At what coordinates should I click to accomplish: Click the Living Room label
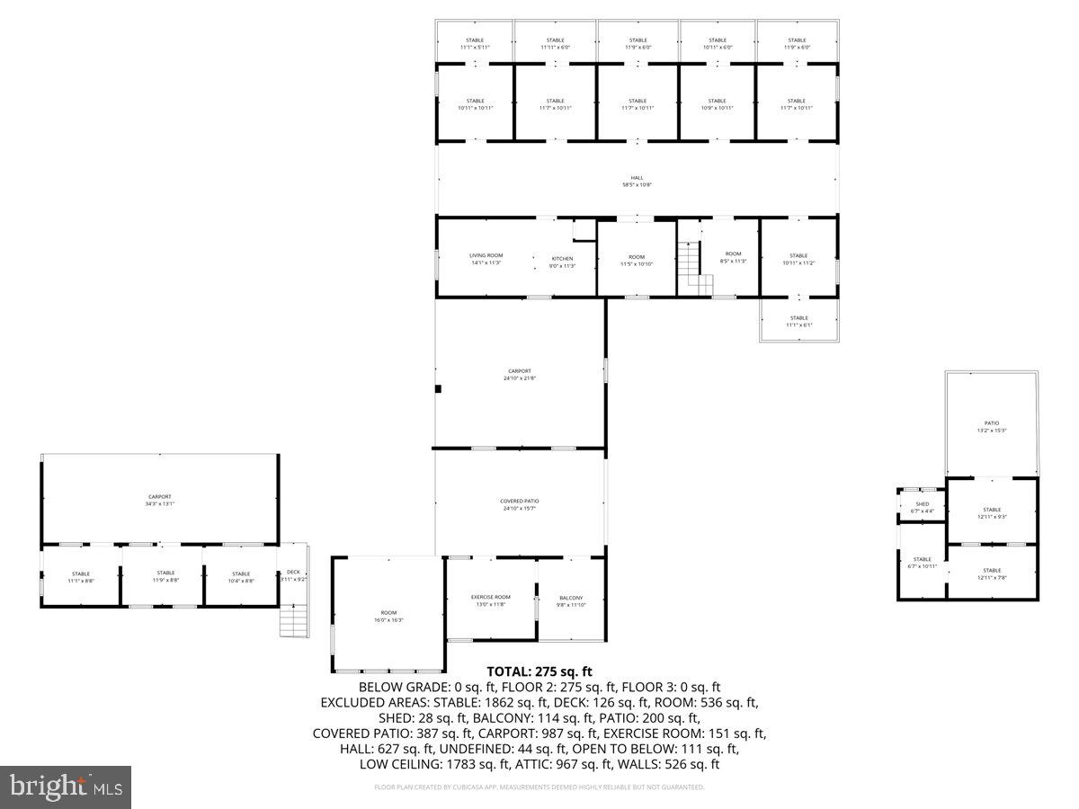tap(486, 259)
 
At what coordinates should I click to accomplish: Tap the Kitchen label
tap(562, 262)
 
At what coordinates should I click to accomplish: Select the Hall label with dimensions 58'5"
tap(637, 181)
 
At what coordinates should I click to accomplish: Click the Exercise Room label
tap(491, 600)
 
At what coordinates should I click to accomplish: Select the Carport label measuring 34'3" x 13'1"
tap(159, 500)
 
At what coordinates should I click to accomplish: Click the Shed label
tap(922, 507)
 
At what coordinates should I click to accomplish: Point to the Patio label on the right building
tap(991, 426)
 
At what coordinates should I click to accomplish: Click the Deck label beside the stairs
tap(293, 575)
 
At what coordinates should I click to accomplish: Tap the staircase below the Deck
tap(294, 620)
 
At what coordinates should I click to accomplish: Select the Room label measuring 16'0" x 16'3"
tap(388, 616)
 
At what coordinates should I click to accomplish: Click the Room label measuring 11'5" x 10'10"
tap(637, 260)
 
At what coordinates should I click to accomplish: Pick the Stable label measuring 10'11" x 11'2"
tap(798, 259)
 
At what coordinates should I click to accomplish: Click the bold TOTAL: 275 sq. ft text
tap(539, 671)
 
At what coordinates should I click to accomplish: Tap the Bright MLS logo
tap(66, 787)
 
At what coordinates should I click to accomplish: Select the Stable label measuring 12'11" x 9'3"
tap(992, 512)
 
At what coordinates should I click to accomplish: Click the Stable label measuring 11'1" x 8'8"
tap(81, 576)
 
